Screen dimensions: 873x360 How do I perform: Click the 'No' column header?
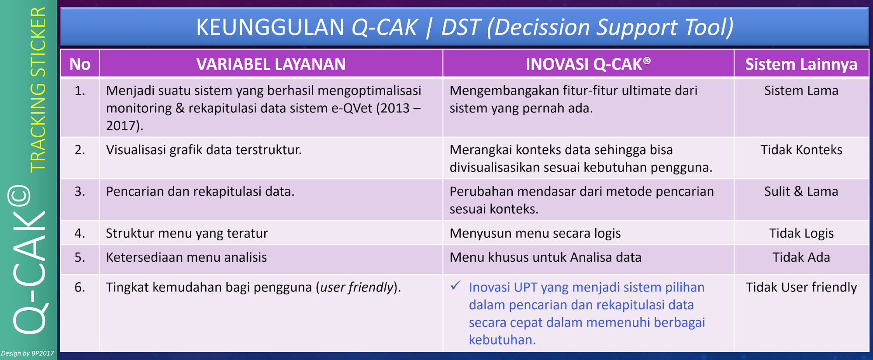[80, 64]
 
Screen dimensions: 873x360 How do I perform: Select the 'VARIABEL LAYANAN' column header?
[271, 64]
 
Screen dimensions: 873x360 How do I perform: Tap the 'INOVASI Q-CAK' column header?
[588, 64]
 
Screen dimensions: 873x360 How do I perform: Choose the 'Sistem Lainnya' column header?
[801, 64]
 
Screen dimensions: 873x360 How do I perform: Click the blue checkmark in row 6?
[455, 286]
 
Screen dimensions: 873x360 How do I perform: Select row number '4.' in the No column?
[80, 233]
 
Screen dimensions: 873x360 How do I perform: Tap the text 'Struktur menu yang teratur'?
[187, 233]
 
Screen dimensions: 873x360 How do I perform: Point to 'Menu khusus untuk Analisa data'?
[545, 257]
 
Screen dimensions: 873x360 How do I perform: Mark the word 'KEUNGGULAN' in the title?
[270, 27]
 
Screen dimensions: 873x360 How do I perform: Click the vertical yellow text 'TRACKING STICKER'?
[38, 90]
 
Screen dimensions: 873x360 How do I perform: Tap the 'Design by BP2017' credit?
[28, 353]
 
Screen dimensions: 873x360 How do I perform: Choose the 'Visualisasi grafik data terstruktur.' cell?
[204, 150]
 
